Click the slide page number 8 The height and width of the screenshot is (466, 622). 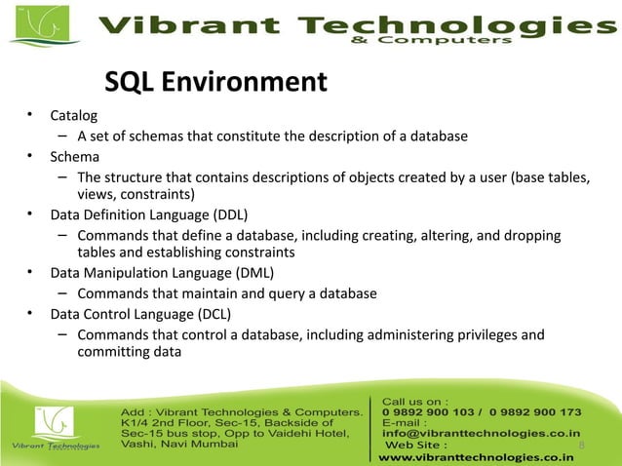[582, 447]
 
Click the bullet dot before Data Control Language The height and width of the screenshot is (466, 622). [31, 314]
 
